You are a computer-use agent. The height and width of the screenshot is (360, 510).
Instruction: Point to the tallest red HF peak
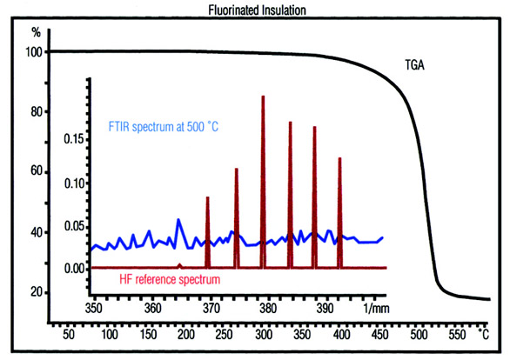263,97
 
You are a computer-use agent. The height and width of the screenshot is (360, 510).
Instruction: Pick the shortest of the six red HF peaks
207,198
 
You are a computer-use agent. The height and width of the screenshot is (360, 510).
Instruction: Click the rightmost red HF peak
339,159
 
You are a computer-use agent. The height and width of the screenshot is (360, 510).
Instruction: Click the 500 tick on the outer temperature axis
419,333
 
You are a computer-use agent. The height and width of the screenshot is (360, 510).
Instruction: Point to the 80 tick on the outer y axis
37,111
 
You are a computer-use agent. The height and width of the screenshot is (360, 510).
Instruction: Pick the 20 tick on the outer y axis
37,292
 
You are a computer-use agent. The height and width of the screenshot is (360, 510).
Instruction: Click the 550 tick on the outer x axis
457,333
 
